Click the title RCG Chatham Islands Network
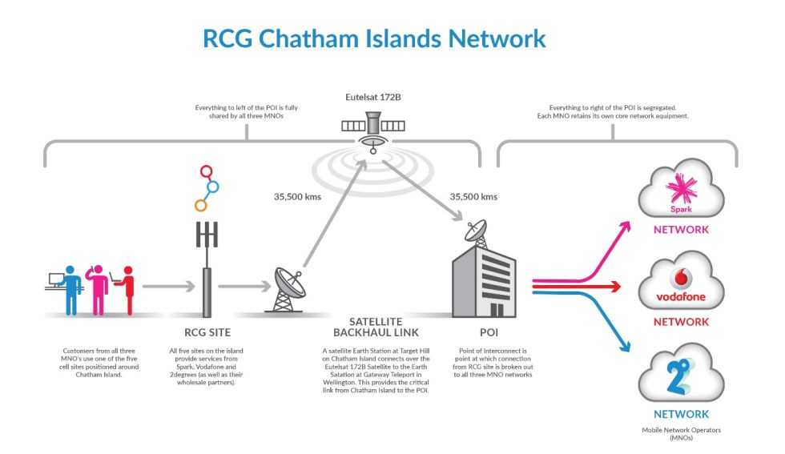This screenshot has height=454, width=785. (x=374, y=38)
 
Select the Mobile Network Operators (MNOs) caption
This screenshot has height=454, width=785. (x=681, y=435)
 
